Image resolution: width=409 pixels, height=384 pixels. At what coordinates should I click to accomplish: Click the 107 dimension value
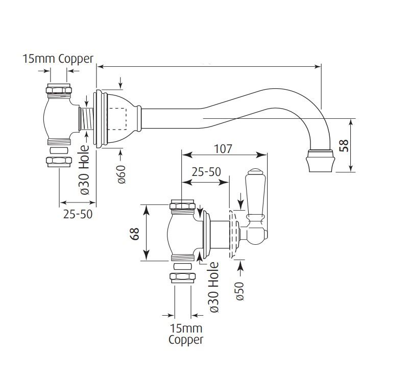[x=223, y=149]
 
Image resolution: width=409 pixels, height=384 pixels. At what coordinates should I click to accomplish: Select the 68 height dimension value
[x=135, y=234]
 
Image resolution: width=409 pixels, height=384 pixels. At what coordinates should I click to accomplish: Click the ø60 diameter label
[x=122, y=174]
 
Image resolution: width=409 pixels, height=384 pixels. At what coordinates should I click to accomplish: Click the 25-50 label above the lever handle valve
[x=206, y=172]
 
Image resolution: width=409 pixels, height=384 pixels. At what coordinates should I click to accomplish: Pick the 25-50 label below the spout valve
[x=78, y=214]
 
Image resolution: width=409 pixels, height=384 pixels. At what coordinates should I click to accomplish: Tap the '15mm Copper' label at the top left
[x=58, y=59]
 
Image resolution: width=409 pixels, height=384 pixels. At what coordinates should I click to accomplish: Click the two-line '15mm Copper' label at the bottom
[x=185, y=334]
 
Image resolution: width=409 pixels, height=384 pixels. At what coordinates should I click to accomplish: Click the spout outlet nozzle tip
[x=320, y=162]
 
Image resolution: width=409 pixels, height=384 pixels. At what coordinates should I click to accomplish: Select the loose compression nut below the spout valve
[x=58, y=162]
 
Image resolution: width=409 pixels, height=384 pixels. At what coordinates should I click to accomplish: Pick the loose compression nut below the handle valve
[x=182, y=277]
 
